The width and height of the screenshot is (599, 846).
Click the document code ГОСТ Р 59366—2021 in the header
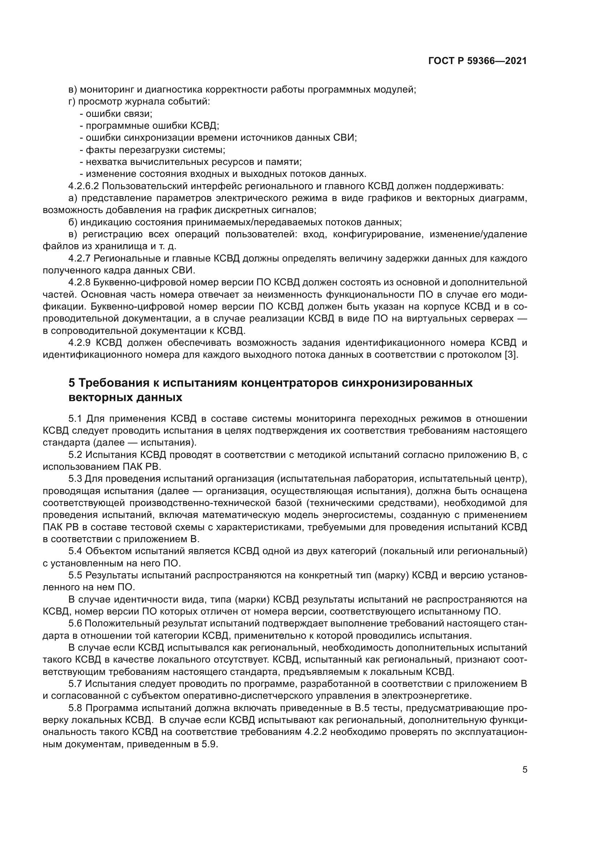pos(477,61)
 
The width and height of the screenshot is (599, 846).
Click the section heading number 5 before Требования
pos(72,383)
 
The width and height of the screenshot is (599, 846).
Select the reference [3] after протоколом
pos(511,355)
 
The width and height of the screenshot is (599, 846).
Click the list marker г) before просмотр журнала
pos(72,101)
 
